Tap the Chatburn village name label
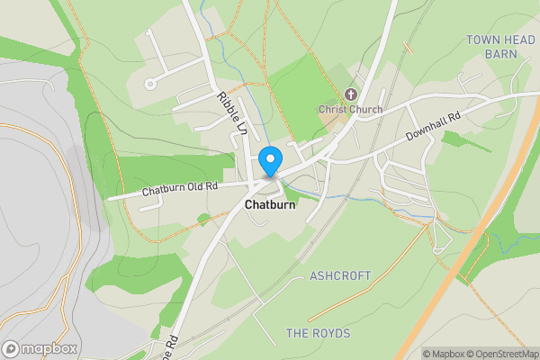(270, 204)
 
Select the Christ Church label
(350, 110)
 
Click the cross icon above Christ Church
(351, 94)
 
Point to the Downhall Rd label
(433, 123)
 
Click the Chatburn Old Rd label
(180, 189)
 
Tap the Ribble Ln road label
(231, 112)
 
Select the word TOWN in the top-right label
(481, 40)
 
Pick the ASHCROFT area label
(340, 275)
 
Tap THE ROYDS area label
(318, 333)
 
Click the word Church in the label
(365, 110)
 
